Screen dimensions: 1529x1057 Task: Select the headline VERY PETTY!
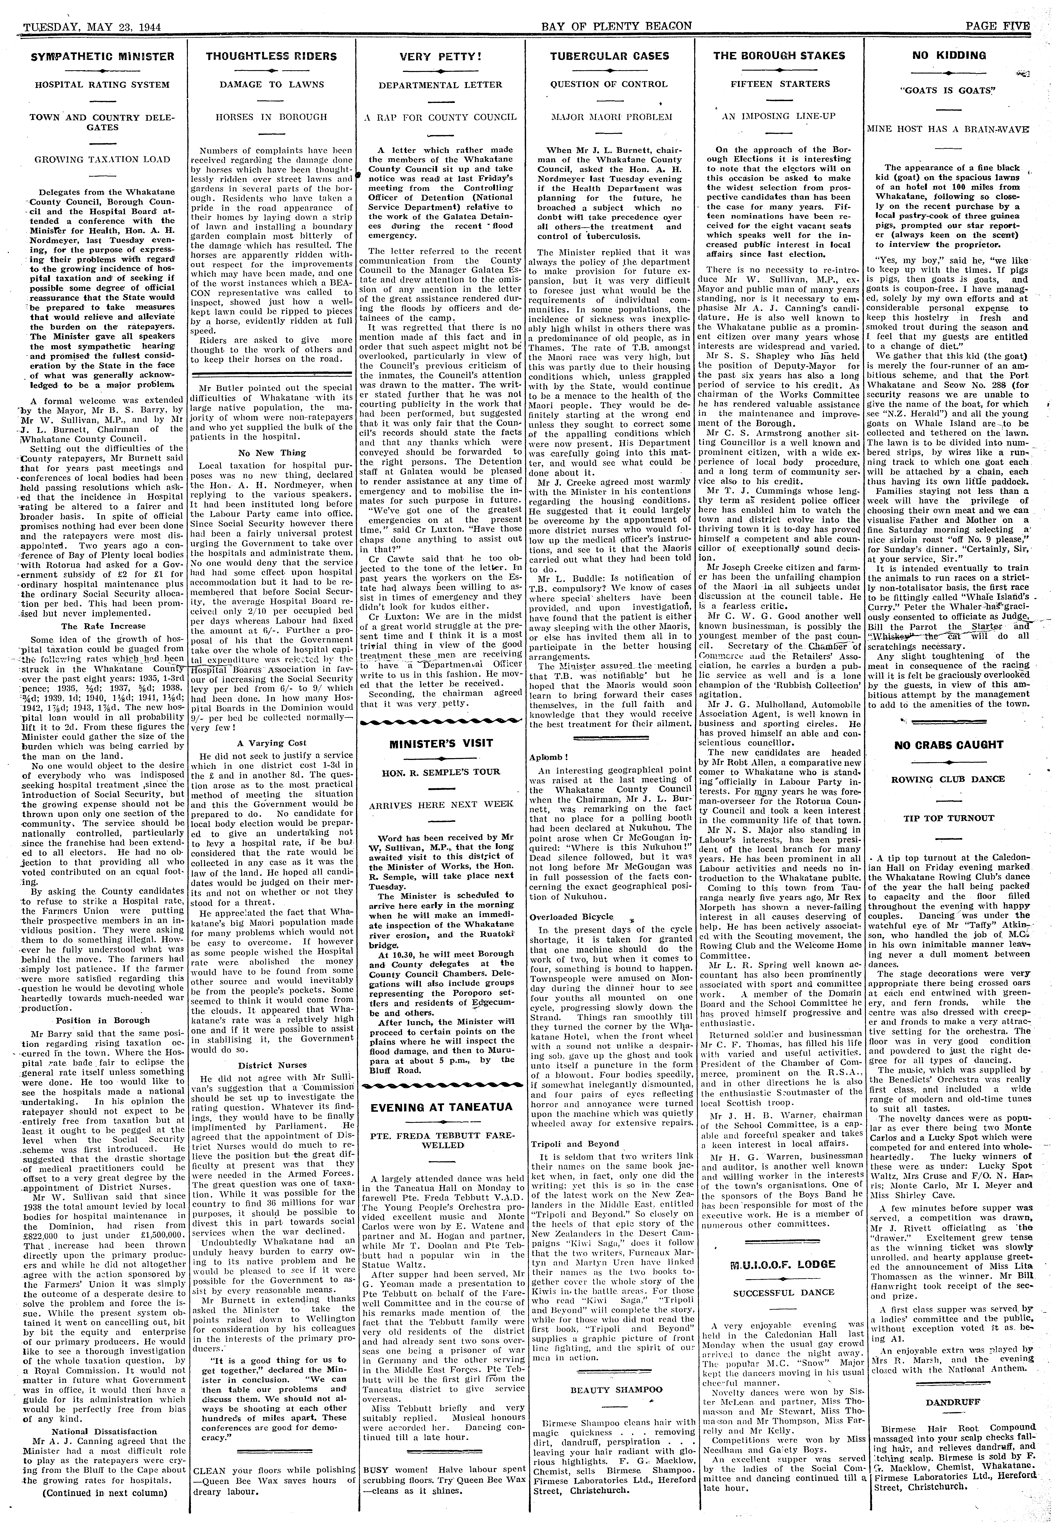point(440,57)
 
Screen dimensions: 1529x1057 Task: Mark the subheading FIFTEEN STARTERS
point(780,84)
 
